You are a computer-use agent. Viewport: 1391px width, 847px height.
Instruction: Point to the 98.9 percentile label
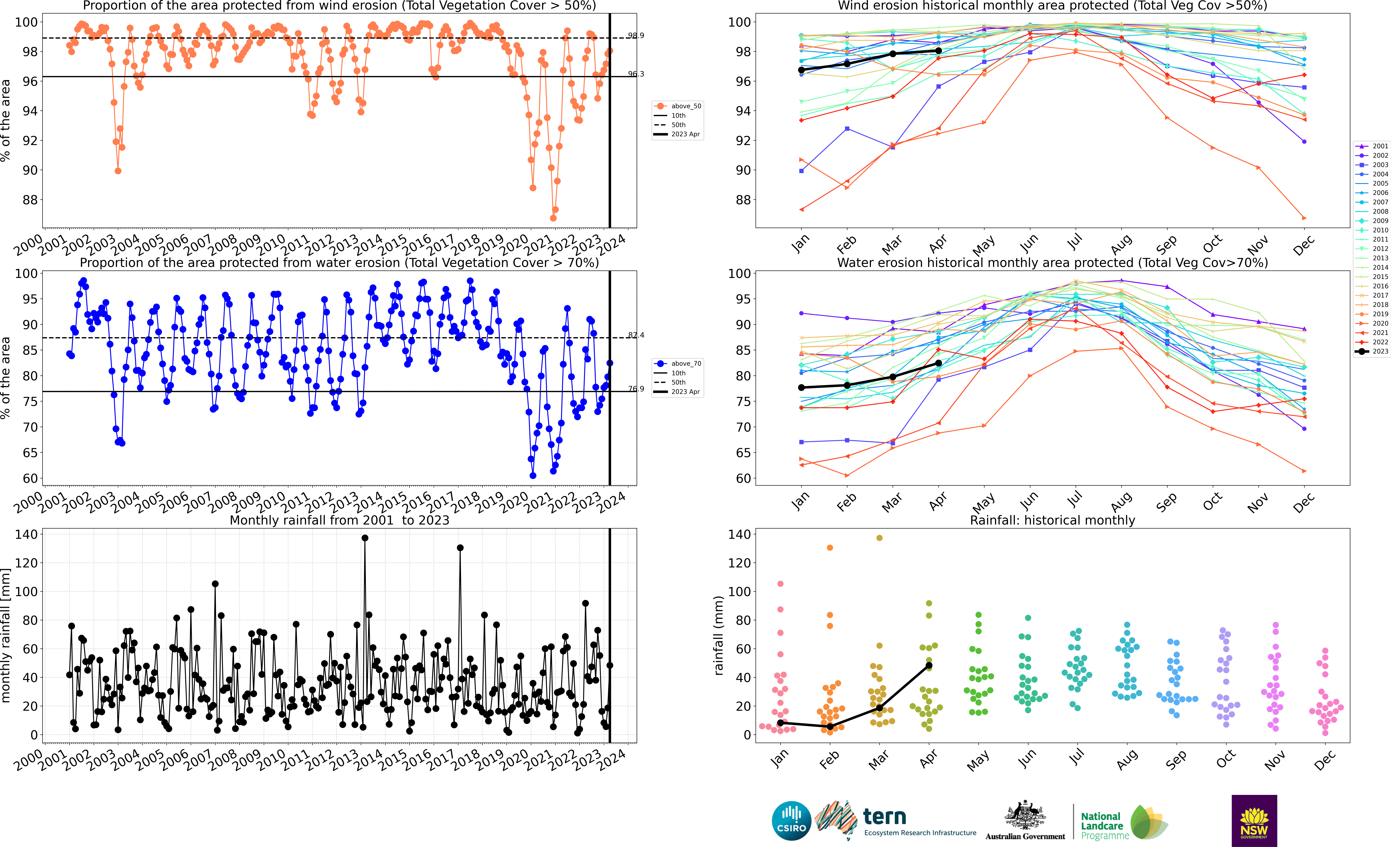coord(636,36)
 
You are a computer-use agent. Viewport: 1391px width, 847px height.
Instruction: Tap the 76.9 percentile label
coord(636,389)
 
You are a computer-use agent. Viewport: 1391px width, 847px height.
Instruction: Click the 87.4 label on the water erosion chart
coord(636,335)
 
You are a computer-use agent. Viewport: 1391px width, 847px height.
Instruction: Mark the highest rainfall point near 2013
coord(365,538)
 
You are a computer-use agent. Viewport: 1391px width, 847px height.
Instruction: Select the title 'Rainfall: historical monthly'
coord(1052,520)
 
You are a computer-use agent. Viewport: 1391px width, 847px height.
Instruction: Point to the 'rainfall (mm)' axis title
coord(718,635)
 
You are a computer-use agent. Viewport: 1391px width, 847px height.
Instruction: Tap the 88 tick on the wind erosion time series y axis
coord(30,200)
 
